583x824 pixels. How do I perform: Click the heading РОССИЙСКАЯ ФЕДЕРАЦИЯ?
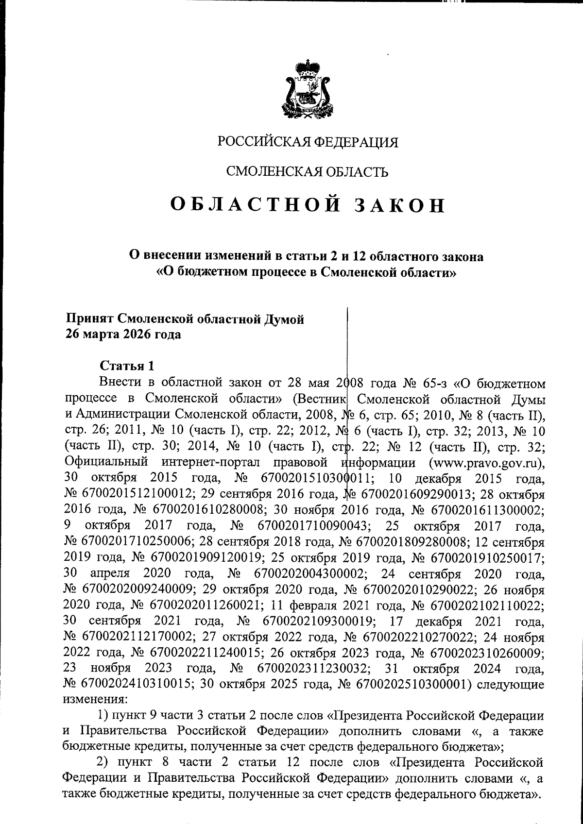pos(308,142)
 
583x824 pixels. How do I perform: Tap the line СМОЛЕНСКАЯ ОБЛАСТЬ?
pos(308,171)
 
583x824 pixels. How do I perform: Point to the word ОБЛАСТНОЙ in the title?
pos(251,205)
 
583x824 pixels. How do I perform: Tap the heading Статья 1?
pos(127,365)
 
